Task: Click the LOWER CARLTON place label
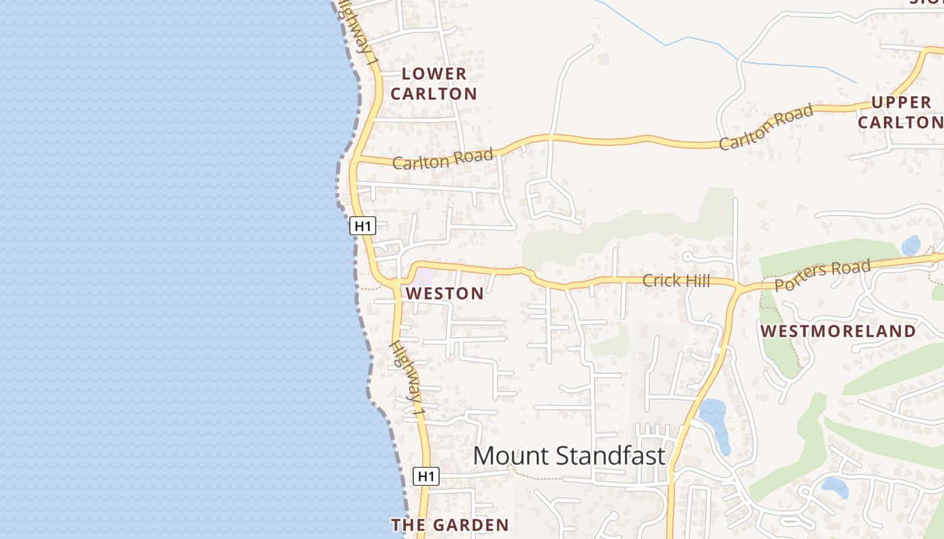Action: (x=434, y=84)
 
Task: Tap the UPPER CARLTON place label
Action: (x=900, y=112)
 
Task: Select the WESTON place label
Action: (x=444, y=293)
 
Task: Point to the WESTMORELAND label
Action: (x=838, y=331)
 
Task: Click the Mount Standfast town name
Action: (x=568, y=456)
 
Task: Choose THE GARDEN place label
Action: (x=450, y=525)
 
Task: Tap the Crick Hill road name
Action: (x=676, y=280)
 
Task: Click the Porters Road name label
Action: (x=822, y=276)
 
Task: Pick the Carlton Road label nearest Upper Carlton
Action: (x=765, y=128)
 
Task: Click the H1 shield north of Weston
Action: (x=363, y=226)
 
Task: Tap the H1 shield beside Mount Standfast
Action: (x=425, y=476)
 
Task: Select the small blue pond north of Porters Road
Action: (x=911, y=245)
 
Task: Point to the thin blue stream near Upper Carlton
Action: (x=796, y=65)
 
